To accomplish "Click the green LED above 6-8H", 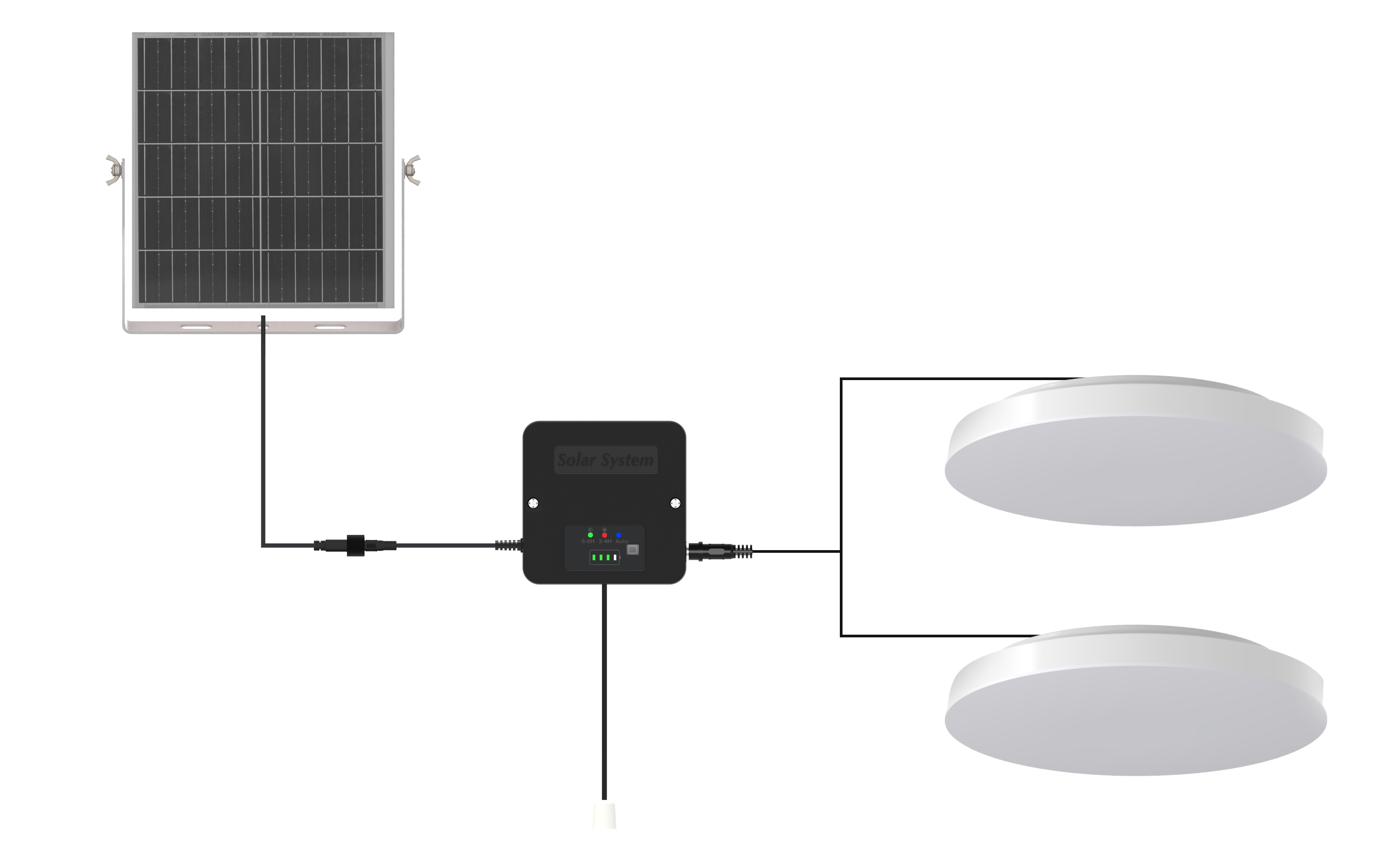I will pos(590,535).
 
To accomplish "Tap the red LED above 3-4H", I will pos(604,535).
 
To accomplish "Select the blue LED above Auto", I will pos(618,535).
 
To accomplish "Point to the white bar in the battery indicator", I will pos(615,557).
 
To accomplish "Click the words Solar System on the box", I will pos(605,460).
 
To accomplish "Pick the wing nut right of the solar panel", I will pos(413,170).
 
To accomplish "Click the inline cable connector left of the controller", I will pos(355,545).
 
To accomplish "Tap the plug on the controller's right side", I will pos(718,551).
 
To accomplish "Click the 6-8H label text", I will pos(588,541).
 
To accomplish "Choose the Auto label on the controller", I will pos(622,541).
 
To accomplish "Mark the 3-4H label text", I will pos(605,541).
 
